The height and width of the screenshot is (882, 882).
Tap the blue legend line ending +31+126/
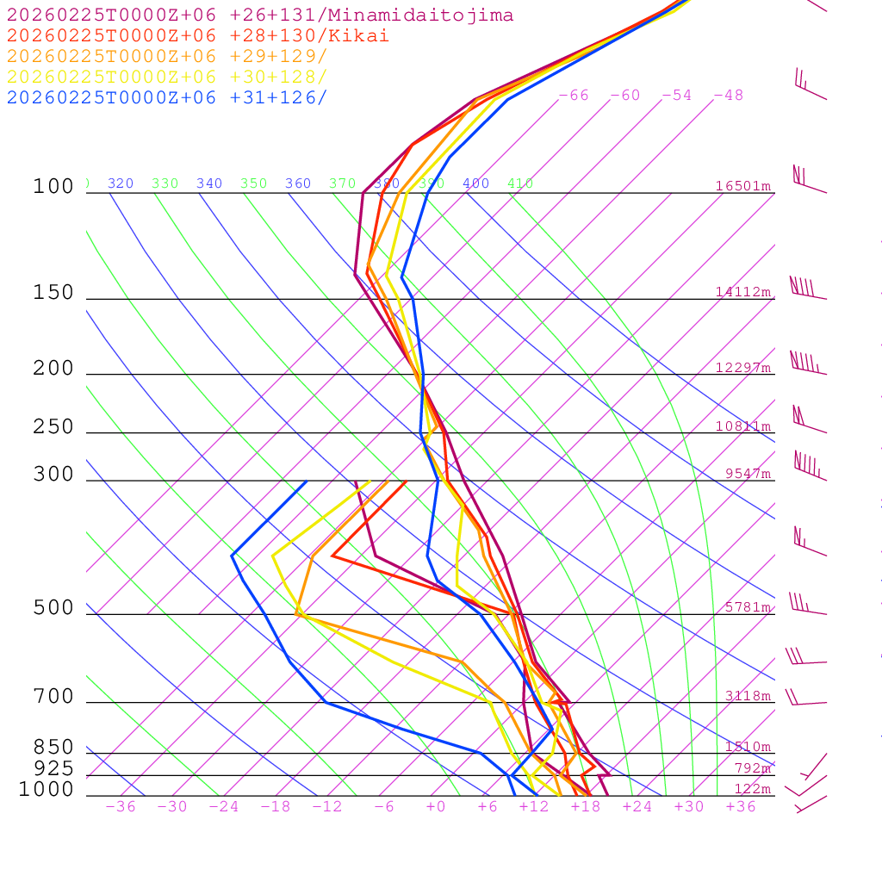[167, 97]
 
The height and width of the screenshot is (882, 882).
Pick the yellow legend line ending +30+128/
[167, 77]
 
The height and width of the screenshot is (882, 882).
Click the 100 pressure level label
[53, 187]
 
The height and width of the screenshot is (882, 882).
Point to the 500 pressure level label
[53, 608]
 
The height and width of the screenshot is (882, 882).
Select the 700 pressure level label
[53, 697]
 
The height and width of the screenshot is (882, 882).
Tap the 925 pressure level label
[53, 768]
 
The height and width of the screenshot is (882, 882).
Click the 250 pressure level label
[53, 427]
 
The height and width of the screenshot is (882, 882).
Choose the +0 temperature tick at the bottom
[436, 807]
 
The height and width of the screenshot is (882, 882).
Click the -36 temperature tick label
[120, 807]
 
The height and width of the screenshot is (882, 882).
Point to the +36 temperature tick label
[741, 807]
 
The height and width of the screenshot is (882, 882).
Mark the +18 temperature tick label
[586, 807]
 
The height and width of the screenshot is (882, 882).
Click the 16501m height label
[742, 186]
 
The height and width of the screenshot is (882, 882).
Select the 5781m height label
[748, 607]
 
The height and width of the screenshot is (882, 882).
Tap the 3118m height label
[748, 696]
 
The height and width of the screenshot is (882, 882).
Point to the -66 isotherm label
[574, 96]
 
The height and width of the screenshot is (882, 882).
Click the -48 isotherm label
[728, 96]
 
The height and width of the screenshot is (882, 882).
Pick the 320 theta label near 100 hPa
[121, 183]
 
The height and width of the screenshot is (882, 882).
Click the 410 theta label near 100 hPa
[520, 183]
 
